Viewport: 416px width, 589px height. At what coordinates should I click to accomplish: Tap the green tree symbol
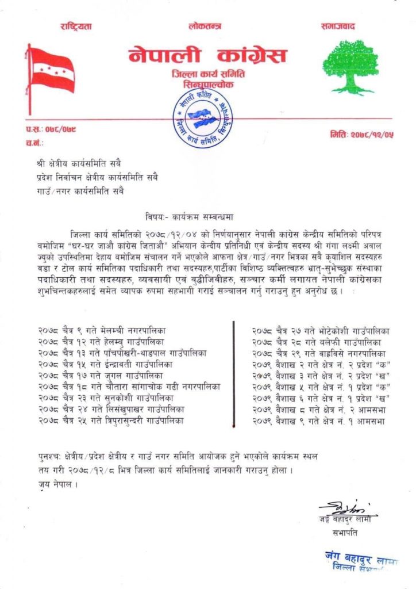point(350,66)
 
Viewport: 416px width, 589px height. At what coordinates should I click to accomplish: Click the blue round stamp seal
point(202,118)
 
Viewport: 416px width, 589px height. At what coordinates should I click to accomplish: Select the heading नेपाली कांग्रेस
point(207,56)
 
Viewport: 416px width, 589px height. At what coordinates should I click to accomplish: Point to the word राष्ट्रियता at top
point(75,27)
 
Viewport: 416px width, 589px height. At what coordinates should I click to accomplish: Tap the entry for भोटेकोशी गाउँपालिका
point(321,331)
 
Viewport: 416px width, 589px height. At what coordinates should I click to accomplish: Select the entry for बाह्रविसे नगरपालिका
point(319,353)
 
